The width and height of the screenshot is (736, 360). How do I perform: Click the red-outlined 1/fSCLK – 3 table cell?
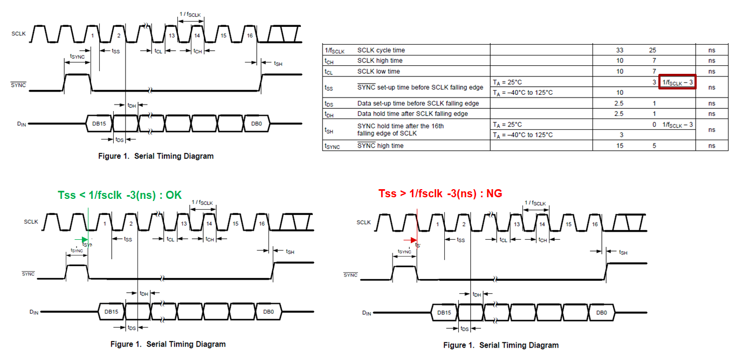pyautogui.click(x=677, y=82)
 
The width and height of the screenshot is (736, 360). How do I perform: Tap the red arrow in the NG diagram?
pyautogui.click(x=412, y=240)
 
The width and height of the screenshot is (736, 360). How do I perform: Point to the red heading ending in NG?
pyautogui.click(x=440, y=193)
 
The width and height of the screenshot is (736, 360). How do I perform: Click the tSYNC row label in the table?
pyautogui.click(x=333, y=146)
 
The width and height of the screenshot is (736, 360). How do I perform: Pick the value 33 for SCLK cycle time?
pyautogui.click(x=620, y=50)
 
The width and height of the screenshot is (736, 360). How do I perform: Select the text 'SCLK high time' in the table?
pyautogui.click(x=380, y=61)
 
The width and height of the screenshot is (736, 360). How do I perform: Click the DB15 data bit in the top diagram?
pyautogui.click(x=99, y=123)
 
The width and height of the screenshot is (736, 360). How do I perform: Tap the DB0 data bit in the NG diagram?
pyautogui.click(x=602, y=313)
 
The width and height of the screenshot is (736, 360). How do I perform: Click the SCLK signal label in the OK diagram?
pyautogui.click(x=31, y=221)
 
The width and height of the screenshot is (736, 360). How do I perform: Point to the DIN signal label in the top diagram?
pyautogui.click(x=21, y=124)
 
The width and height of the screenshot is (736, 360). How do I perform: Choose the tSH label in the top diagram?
pyautogui.click(x=278, y=64)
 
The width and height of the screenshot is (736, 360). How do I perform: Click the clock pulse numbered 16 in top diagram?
pyautogui.click(x=250, y=36)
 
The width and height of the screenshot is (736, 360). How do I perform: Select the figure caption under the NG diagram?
pyautogui.click(x=501, y=345)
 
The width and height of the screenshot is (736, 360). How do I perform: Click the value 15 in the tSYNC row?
pyautogui.click(x=620, y=146)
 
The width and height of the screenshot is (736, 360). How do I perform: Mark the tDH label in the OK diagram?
pyautogui.click(x=143, y=294)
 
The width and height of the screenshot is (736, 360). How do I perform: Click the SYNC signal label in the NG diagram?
pyautogui.click(x=350, y=275)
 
